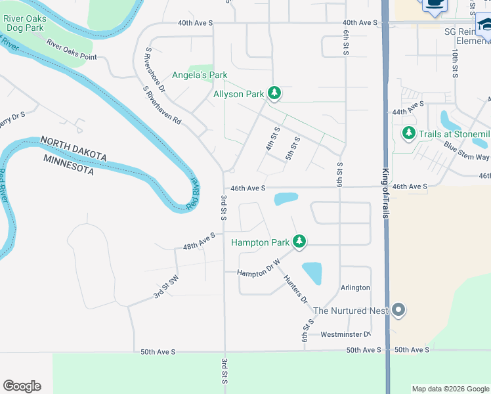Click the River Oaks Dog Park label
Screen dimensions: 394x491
pos(25,24)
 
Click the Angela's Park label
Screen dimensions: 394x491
pos(200,76)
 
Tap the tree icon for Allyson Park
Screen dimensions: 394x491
pos(275,94)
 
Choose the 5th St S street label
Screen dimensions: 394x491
pos(292,149)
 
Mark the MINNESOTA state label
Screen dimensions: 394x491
pos(68,164)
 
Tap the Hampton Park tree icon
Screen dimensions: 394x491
pos(299,242)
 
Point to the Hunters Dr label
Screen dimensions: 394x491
pos(295,288)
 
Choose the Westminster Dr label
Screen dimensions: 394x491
pos(345,334)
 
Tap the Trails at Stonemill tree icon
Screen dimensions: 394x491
pos(409,134)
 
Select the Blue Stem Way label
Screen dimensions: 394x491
pos(466,152)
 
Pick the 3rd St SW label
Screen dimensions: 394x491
pos(166,287)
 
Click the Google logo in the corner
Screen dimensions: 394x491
pos(22,386)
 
